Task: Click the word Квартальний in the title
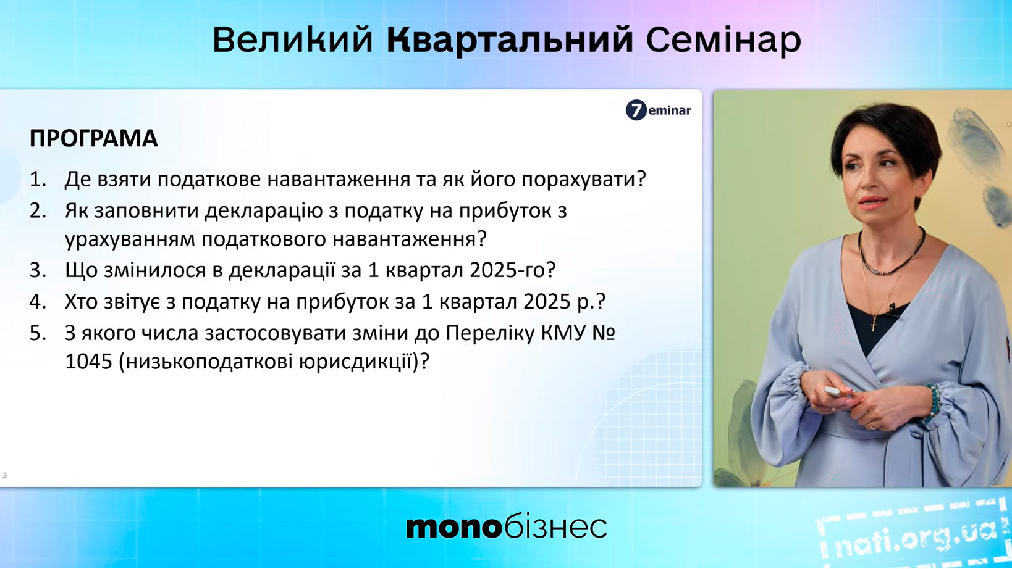click(x=510, y=41)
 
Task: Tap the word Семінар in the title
click(x=723, y=40)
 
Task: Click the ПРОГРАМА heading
click(x=93, y=138)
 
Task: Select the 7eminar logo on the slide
click(x=658, y=110)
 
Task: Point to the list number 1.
click(x=38, y=179)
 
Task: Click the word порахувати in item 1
click(x=584, y=179)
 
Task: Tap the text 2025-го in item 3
click(x=512, y=270)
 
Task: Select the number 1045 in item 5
click(x=88, y=362)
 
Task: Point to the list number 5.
click(x=38, y=333)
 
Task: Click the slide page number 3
click(x=4, y=475)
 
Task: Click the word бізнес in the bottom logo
click(x=555, y=526)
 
